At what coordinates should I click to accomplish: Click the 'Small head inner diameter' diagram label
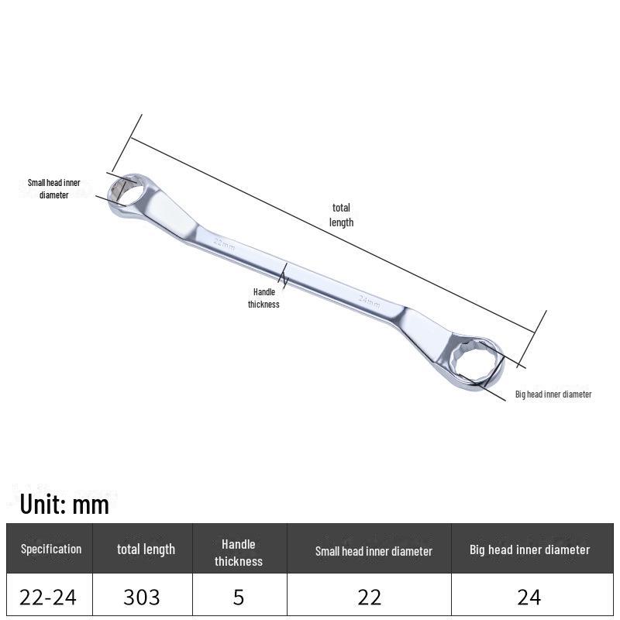coord(53,188)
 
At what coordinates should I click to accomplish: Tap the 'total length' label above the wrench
coord(341,215)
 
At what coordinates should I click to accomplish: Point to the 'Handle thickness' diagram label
coord(263,298)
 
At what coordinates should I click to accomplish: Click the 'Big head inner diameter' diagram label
coord(553,394)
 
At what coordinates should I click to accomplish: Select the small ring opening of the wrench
coord(126,191)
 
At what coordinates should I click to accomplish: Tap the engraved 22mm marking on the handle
coord(224,244)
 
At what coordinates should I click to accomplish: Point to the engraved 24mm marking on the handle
coord(370,301)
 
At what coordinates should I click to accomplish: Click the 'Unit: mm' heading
coord(64,505)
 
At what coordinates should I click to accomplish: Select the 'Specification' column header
coord(51,549)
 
